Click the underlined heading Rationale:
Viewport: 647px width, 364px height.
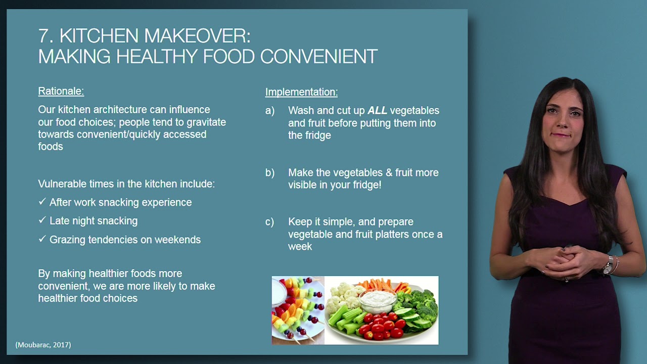coord(61,92)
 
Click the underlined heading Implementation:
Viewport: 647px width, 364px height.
coord(301,92)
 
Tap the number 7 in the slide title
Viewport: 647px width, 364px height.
coord(44,36)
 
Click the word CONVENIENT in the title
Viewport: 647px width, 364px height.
coord(318,57)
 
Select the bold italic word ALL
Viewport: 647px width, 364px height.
coord(377,111)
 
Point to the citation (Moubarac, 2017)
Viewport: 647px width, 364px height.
coord(43,345)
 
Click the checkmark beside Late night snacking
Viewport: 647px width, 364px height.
coord(42,220)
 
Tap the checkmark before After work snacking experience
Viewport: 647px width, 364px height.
coord(42,202)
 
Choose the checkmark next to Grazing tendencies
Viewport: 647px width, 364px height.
coord(42,239)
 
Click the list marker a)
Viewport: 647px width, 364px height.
coord(270,111)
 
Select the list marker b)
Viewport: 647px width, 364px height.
coord(270,173)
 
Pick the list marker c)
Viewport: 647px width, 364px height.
coord(270,222)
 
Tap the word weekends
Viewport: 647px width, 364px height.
coord(177,240)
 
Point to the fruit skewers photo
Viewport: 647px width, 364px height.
coord(298,310)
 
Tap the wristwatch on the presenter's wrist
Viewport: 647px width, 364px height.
coord(608,264)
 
